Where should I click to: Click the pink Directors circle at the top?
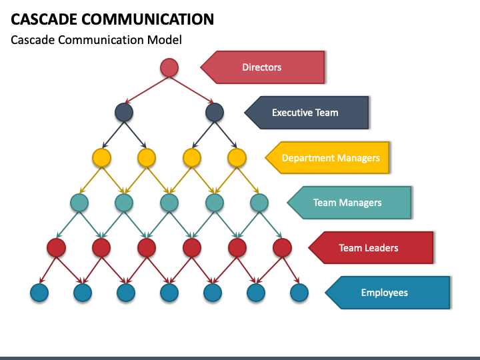point(169,67)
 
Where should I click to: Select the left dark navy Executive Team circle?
point(124,113)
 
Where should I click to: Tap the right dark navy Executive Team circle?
point(215,113)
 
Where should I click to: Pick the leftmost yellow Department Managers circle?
point(101,157)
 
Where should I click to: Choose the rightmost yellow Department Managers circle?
point(237,157)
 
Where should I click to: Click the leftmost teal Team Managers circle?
point(79,203)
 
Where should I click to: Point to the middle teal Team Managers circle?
point(169,203)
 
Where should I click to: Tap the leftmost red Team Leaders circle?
point(56,247)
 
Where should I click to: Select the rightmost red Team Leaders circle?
point(282,247)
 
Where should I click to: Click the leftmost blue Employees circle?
point(39,293)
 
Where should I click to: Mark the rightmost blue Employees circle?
point(299,293)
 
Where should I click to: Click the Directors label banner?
point(263,67)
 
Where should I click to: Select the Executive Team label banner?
point(307,113)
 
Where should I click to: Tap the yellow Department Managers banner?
point(327,157)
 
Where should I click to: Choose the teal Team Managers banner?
point(349,203)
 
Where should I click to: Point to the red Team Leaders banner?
point(371,247)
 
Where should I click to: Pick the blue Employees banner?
point(387,293)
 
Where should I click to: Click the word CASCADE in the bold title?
point(44,19)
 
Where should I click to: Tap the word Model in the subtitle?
point(165,40)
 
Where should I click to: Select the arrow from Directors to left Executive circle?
point(147,90)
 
